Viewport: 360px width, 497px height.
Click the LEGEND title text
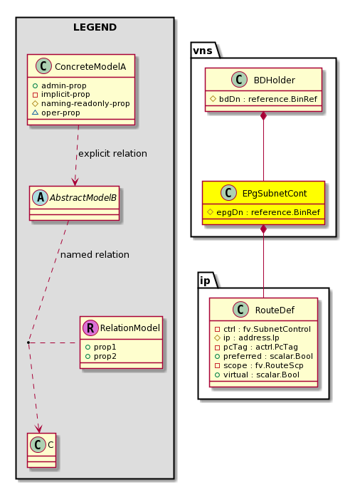pos(95,27)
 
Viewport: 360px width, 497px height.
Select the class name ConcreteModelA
pos(90,66)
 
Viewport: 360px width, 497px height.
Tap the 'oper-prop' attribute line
pos(56,113)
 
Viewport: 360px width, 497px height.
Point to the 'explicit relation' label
pos(112,153)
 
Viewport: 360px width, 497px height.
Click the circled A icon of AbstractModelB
pos(41,197)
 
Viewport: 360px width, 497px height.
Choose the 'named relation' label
pos(95,254)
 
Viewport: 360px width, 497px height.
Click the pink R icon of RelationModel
pos(90,328)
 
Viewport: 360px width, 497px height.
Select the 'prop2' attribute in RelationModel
pos(101,356)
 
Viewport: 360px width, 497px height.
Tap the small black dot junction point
pos(28,342)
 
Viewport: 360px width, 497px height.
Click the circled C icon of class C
pos(38,445)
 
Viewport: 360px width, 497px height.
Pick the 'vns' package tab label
pos(203,51)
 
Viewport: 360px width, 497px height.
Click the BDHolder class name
pos(274,80)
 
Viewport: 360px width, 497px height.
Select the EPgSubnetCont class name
pos(275,194)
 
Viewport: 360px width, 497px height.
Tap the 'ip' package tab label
pos(205,281)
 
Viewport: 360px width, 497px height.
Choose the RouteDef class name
pos(275,310)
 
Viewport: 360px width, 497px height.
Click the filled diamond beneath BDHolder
pos(263,116)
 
